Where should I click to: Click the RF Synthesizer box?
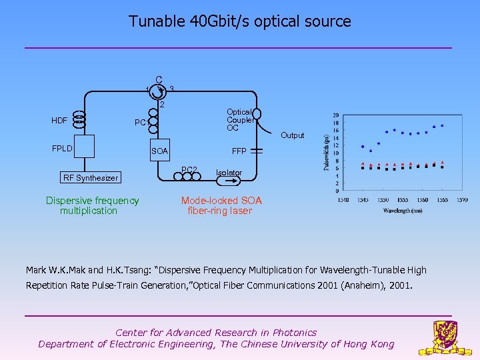click(90, 177)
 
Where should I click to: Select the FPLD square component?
click(85, 146)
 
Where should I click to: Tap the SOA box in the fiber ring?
click(160, 151)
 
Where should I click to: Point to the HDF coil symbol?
click(79, 120)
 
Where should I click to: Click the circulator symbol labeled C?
click(157, 89)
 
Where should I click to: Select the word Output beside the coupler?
click(292, 135)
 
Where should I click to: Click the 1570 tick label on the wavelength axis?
click(461, 199)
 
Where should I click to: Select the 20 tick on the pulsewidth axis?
click(335, 114)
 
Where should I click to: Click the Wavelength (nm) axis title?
click(402, 211)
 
